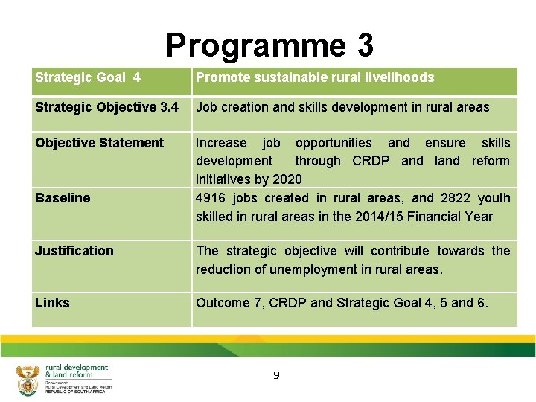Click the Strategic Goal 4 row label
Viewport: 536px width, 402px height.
coord(88,77)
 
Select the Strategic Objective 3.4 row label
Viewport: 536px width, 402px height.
coord(106,107)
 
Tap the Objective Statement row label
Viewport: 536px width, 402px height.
coord(99,143)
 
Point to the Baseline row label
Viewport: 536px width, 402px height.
coord(63,198)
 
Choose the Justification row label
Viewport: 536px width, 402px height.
coord(74,251)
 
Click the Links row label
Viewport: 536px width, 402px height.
coord(52,303)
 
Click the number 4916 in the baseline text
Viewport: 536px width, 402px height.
coord(211,198)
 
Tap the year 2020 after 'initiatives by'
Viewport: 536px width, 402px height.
coord(287,179)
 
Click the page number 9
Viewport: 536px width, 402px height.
coord(276,375)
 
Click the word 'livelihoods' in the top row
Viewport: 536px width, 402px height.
coord(401,77)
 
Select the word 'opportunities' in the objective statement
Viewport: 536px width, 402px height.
coord(334,143)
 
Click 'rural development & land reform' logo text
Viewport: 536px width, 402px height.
coord(76,371)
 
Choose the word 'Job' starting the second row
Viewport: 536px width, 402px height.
coord(206,107)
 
